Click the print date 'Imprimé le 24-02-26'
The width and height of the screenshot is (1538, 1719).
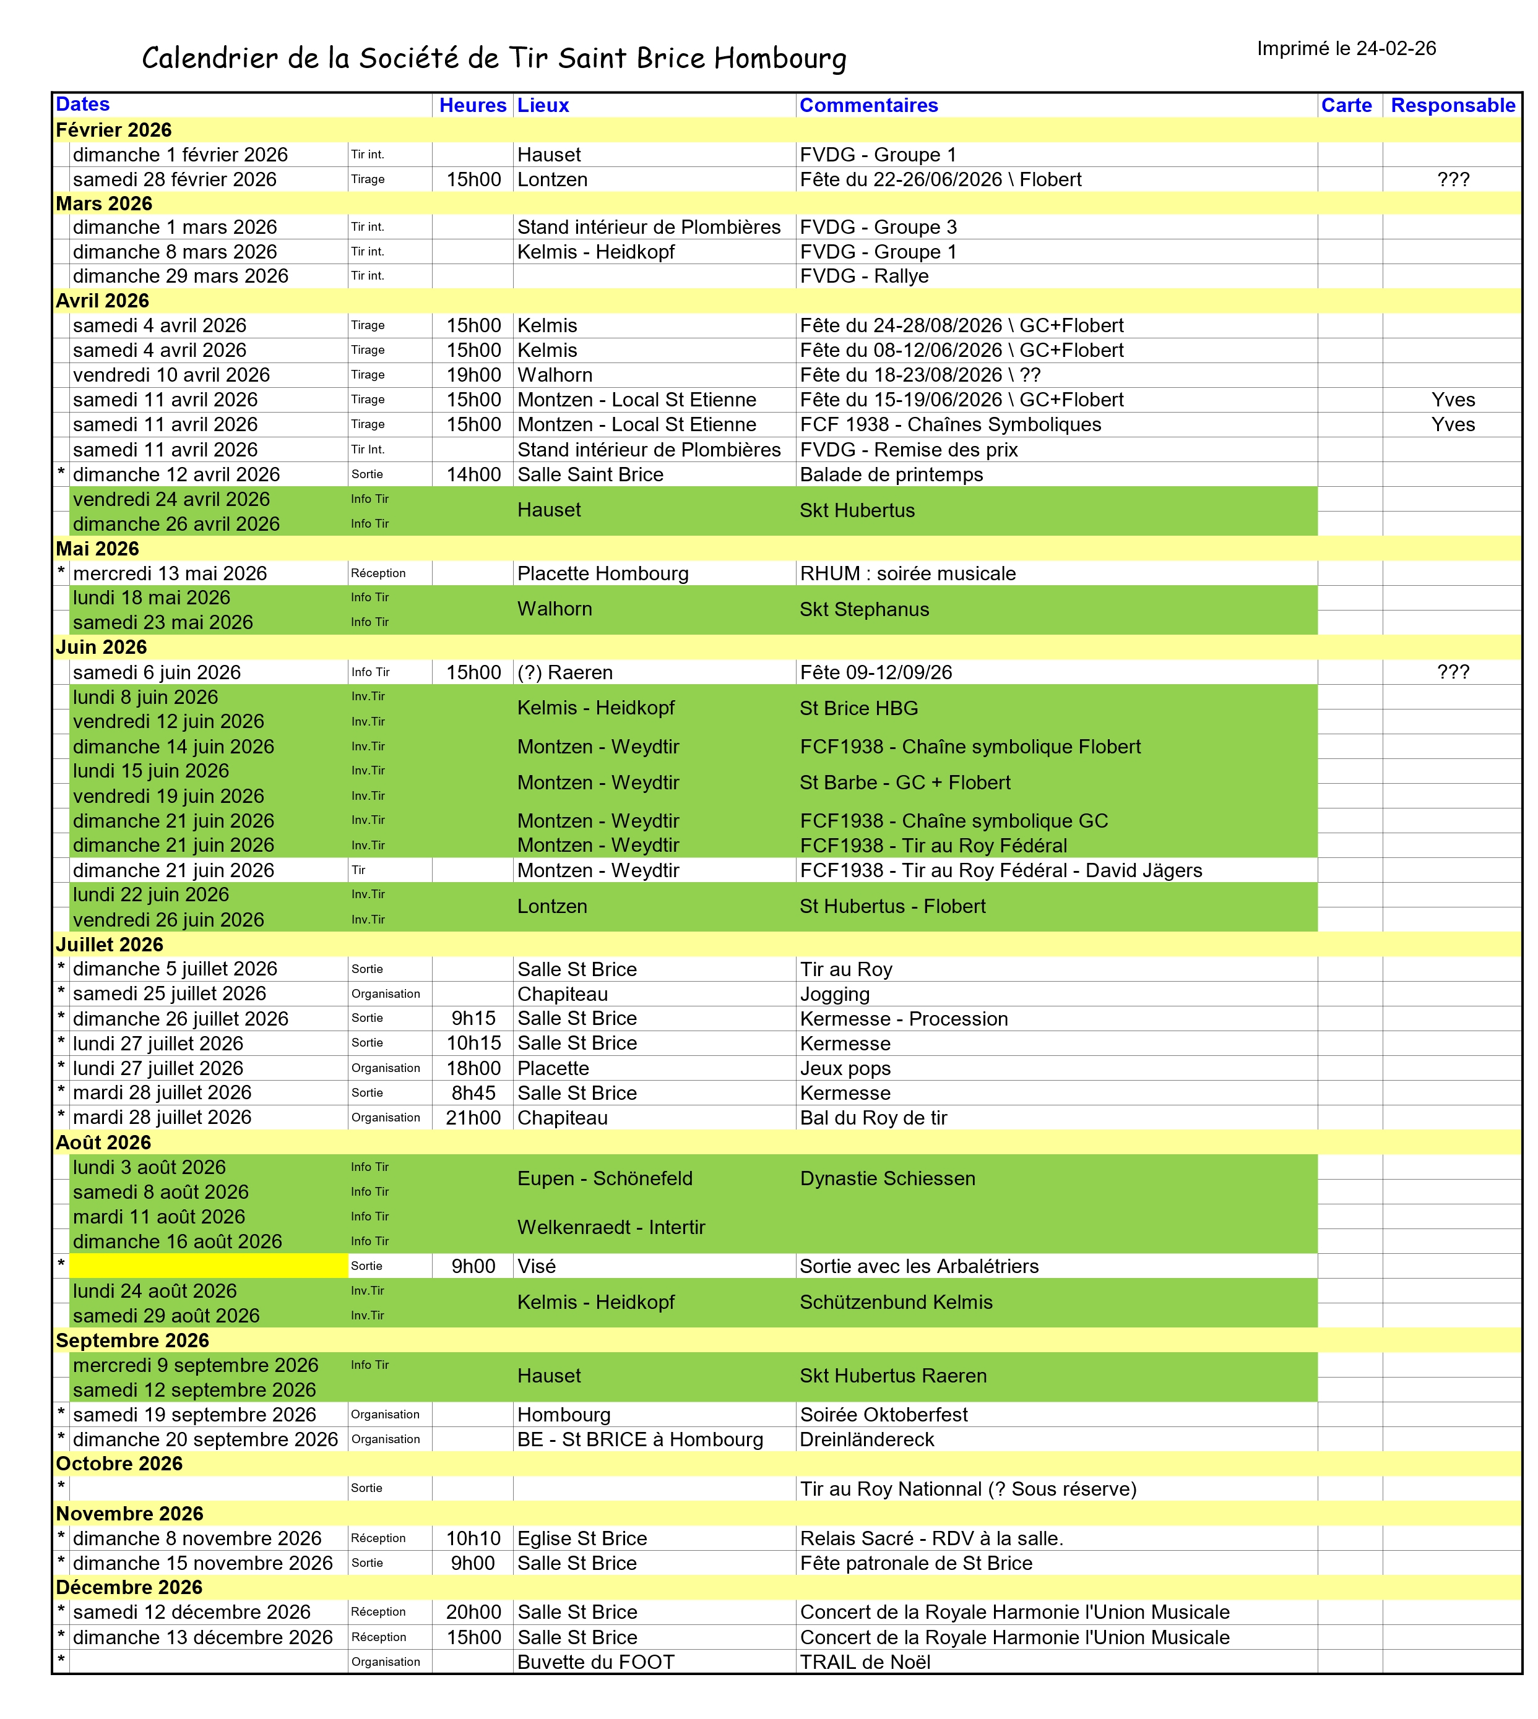(x=1346, y=49)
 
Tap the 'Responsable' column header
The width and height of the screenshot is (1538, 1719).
(x=1453, y=106)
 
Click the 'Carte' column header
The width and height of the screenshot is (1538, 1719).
(x=1346, y=106)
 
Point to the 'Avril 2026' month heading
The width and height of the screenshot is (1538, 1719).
(x=102, y=301)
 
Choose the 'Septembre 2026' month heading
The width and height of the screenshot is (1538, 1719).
(x=132, y=1340)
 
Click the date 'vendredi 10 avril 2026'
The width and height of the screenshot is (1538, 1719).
(x=171, y=375)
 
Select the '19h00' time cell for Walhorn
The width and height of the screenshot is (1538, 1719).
(x=473, y=375)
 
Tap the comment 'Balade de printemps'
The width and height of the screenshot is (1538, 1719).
(x=891, y=474)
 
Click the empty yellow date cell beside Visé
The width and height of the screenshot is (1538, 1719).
(x=209, y=1266)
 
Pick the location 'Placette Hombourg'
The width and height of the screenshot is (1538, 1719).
(x=603, y=573)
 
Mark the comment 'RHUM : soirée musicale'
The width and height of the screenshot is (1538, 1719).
(x=907, y=573)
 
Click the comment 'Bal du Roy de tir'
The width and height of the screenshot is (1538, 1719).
(x=873, y=1118)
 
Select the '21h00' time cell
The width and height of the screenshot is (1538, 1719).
(x=473, y=1118)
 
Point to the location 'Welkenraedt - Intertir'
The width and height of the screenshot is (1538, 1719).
(x=611, y=1227)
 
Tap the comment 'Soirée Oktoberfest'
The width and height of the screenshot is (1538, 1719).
(x=883, y=1415)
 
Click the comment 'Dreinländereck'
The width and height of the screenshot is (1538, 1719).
(x=867, y=1439)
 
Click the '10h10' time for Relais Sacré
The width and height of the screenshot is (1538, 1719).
(x=473, y=1538)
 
